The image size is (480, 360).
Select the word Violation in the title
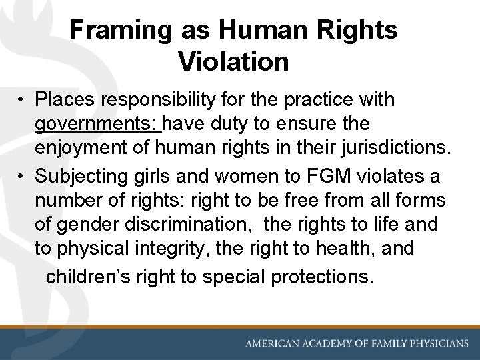coord(233,62)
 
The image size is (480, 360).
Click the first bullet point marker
coord(23,100)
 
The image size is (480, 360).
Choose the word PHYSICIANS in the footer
coord(437,343)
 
